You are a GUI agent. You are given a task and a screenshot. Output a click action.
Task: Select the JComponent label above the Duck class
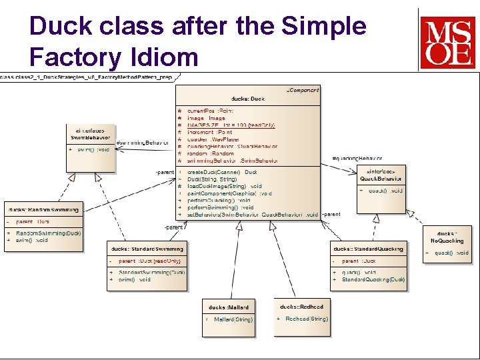coord(303,89)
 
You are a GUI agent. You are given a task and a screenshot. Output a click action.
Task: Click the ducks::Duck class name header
coord(247,99)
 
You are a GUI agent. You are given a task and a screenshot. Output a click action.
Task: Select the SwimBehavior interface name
coord(91,137)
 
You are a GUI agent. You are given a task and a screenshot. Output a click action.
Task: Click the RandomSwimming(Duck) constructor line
coord(48,233)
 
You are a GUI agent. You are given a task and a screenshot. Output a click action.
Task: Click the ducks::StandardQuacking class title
coord(369,249)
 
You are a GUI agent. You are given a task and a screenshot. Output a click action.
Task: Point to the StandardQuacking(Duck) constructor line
coord(373,279)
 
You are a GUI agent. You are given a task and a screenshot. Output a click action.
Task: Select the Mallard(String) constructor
coord(233,319)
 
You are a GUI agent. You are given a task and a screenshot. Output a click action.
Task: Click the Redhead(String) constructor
coord(306,319)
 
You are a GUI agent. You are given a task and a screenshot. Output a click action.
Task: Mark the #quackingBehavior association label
coord(357,159)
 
